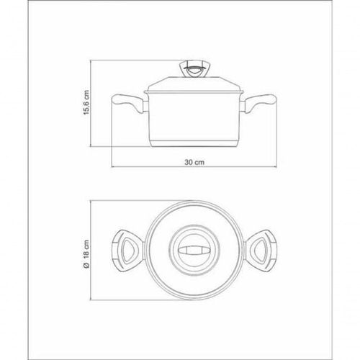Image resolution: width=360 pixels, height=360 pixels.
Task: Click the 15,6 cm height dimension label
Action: [86, 103]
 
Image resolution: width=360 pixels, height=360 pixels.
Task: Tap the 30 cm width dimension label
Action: [194, 162]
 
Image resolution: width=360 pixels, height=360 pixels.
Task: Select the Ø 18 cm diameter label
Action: [86, 254]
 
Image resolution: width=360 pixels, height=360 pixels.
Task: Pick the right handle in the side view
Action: [258, 103]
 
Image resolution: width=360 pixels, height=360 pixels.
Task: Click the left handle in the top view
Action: [128, 251]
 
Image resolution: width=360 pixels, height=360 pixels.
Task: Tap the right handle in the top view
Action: [261, 251]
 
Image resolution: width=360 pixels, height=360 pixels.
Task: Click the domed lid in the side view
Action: [194, 84]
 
